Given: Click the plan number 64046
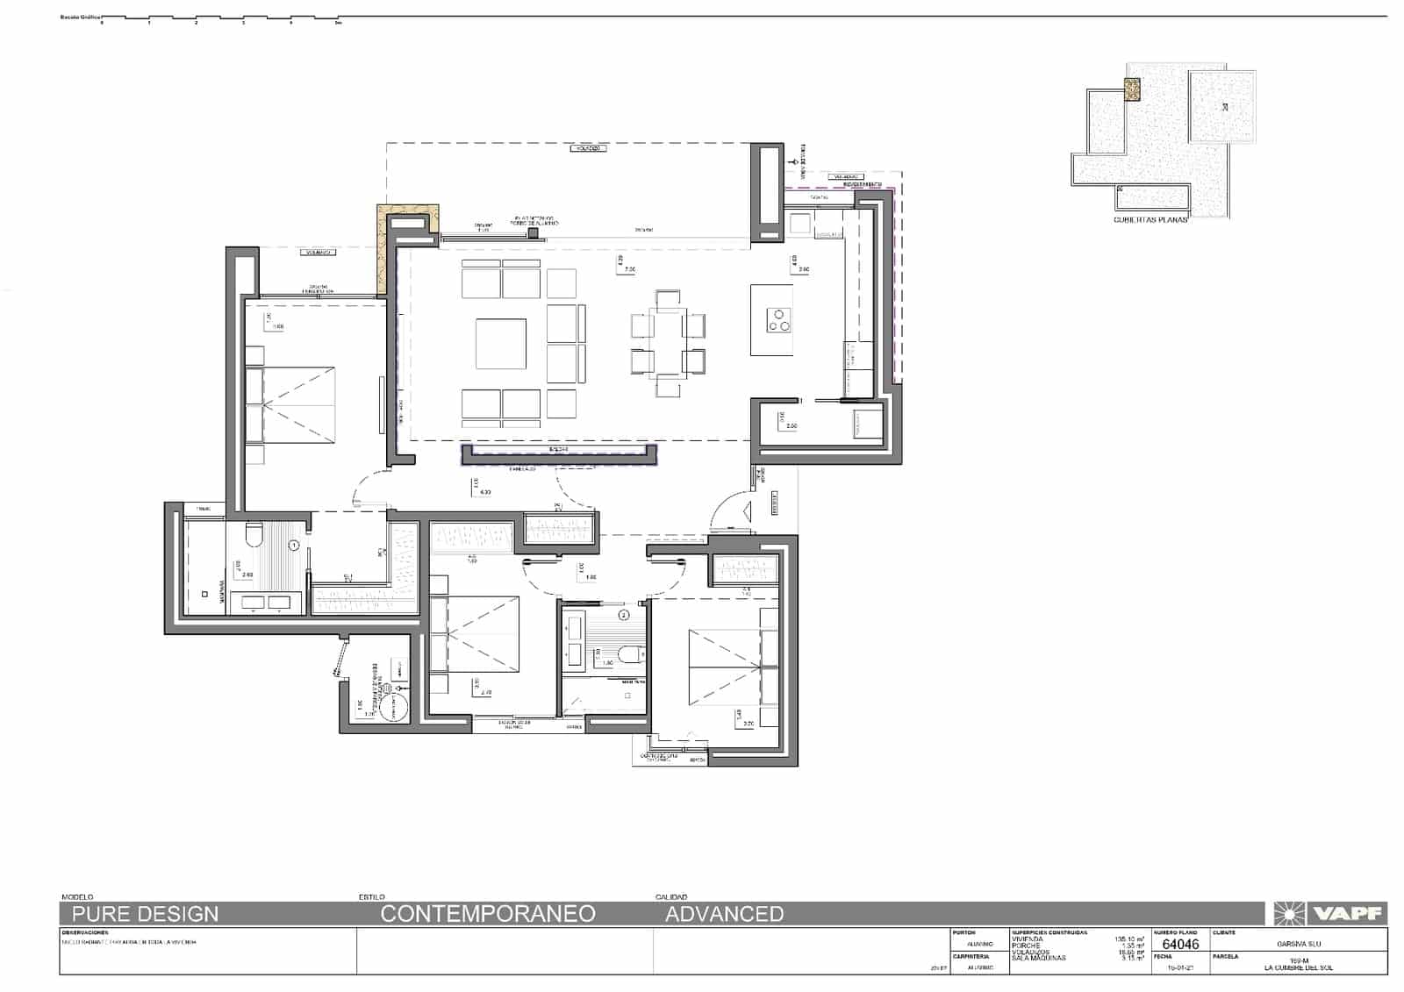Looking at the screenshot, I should (x=1179, y=945).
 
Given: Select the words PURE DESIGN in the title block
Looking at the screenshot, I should (x=146, y=914).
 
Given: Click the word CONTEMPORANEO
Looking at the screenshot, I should (x=488, y=914).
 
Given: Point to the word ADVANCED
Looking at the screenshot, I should (x=724, y=914).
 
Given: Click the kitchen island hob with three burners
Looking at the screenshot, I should (x=778, y=320).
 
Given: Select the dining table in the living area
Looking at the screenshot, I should (x=669, y=344).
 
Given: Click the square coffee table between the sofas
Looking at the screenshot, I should (x=501, y=344).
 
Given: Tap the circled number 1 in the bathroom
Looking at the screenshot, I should (x=294, y=546).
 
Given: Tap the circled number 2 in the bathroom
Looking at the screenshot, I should (x=624, y=616).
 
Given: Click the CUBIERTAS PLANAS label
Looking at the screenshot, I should (x=1150, y=220).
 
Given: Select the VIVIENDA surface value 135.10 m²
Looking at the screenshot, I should (x=1128, y=939).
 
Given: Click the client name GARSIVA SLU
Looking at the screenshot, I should (x=1299, y=945).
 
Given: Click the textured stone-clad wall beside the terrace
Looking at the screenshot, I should (x=383, y=254).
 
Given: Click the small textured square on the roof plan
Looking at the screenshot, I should (x=1133, y=89).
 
